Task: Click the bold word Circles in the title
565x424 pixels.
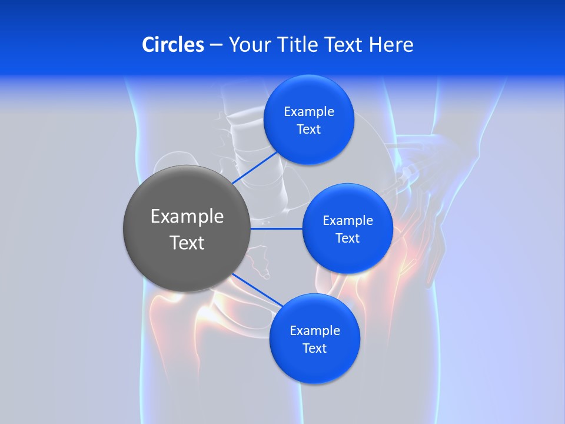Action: point(173,45)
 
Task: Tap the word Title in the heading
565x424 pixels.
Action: point(301,45)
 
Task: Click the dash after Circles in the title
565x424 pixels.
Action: point(216,45)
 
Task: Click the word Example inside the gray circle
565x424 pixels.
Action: point(187,217)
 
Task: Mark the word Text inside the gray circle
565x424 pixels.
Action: point(187,243)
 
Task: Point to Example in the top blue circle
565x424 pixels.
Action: point(309,112)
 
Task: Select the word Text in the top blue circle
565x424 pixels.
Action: point(309,130)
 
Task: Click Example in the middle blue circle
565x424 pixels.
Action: point(348,221)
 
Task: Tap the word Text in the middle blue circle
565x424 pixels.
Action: point(348,238)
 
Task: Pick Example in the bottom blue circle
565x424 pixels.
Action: point(315,331)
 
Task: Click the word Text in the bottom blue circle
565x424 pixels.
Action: point(315,349)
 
